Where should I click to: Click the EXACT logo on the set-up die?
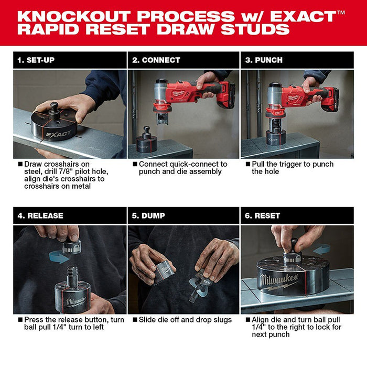point(57,134)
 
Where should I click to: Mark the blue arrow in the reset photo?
point(320,249)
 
